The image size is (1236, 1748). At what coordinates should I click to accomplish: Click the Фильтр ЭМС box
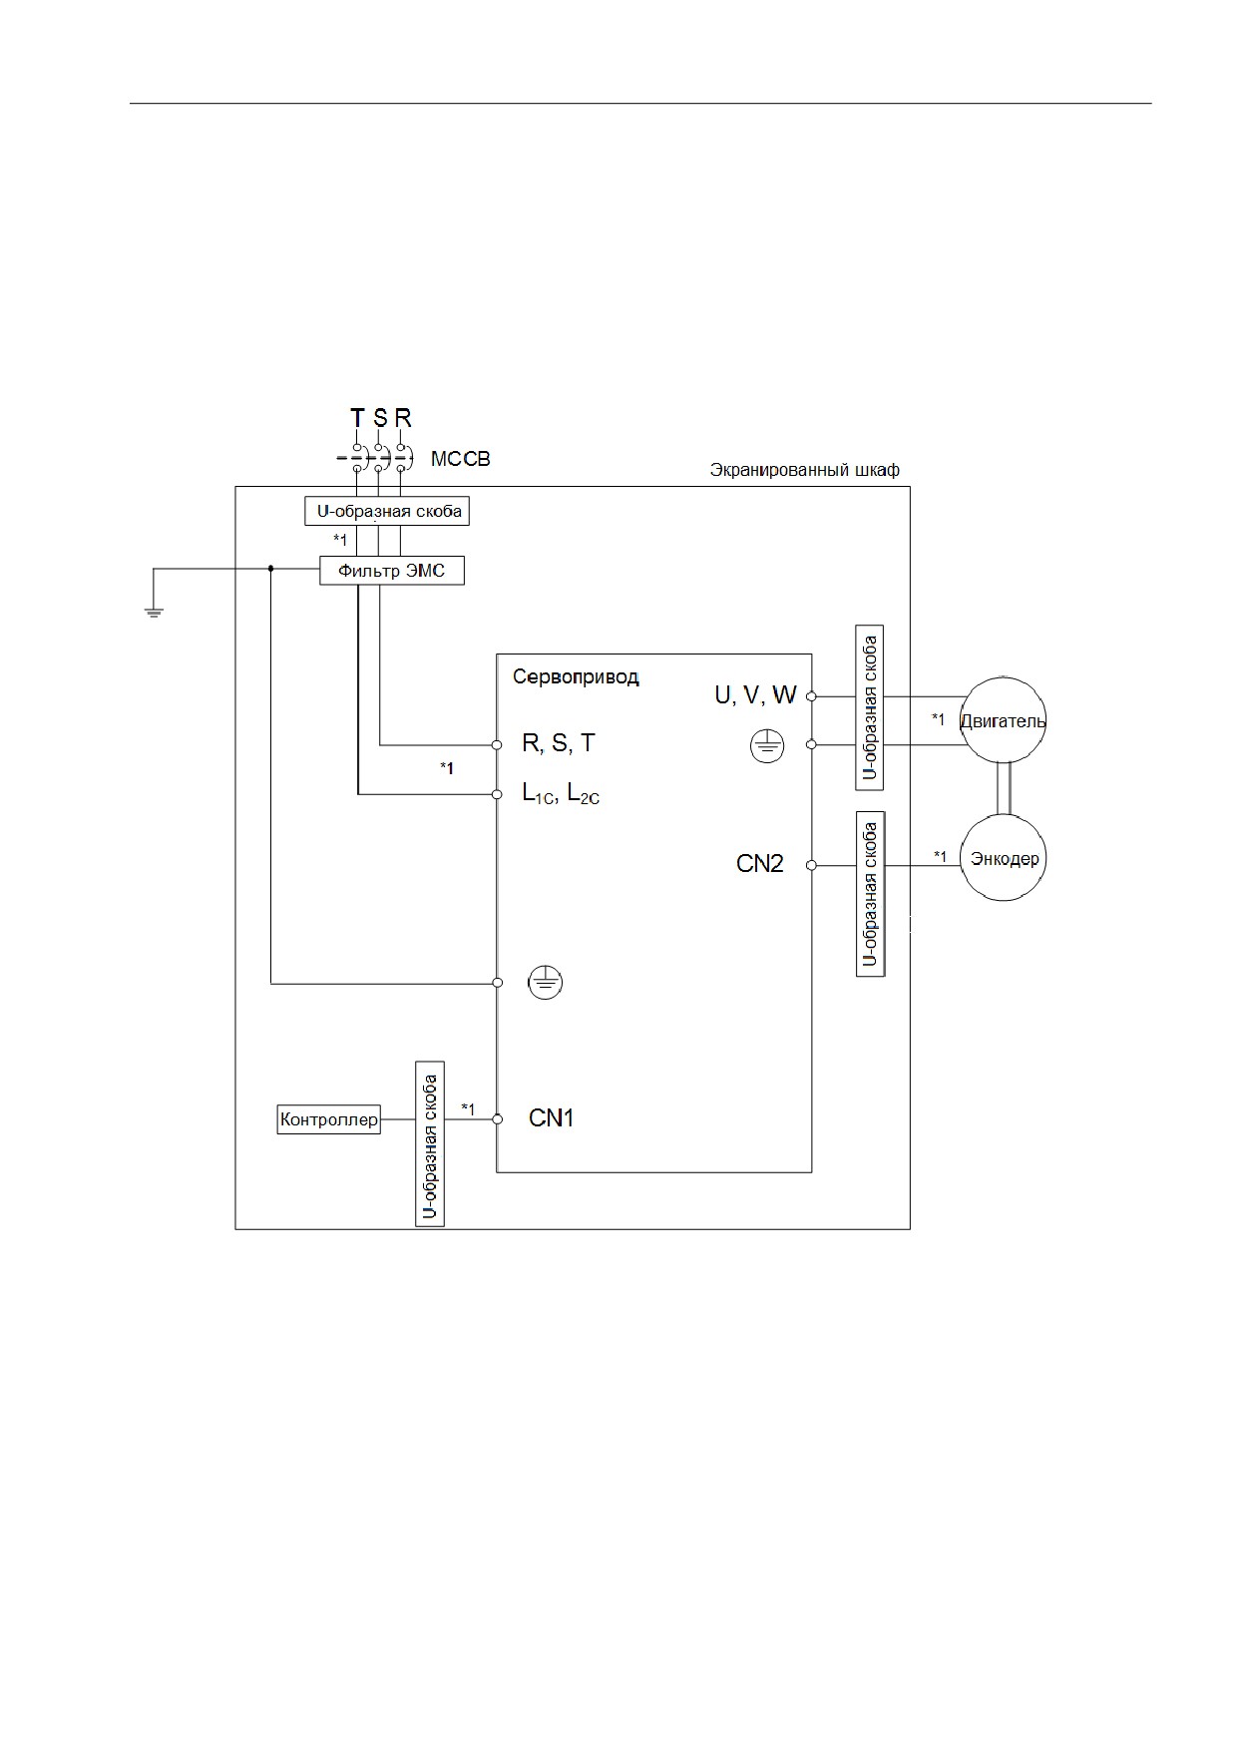point(391,571)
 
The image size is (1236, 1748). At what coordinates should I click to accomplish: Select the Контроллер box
point(329,1119)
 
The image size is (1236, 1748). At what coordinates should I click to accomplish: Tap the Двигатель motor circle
point(1003,720)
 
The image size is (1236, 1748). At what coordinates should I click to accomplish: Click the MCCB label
point(460,460)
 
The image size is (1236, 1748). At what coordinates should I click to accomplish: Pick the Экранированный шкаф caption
point(804,469)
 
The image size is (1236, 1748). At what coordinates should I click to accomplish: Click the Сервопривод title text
point(576,676)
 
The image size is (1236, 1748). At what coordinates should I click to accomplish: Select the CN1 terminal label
point(551,1118)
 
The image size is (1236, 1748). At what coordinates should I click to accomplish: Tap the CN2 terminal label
point(760,864)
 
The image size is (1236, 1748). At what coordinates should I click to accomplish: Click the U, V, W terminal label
point(755,695)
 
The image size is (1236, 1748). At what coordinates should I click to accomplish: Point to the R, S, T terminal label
point(559,743)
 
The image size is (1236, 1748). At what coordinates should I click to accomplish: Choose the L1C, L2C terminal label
point(561,794)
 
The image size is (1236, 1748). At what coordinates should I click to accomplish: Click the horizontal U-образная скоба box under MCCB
point(387,512)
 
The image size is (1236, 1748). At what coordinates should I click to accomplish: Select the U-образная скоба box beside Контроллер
point(430,1143)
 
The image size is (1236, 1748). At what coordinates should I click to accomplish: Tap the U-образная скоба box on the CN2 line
point(870,894)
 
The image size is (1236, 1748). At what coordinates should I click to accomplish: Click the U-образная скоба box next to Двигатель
point(870,707)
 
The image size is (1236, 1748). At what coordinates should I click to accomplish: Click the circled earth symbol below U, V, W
point(767,745)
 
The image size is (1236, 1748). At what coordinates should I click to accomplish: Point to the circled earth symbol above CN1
point(545,984)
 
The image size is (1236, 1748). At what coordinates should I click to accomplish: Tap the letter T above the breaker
point(357,418)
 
